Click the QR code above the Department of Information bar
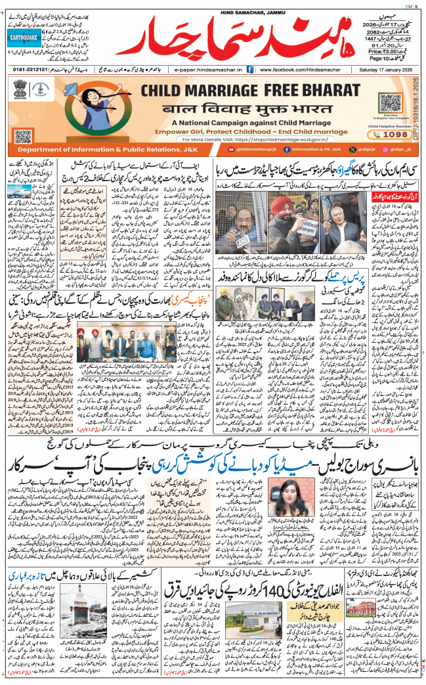click(23, 137)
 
